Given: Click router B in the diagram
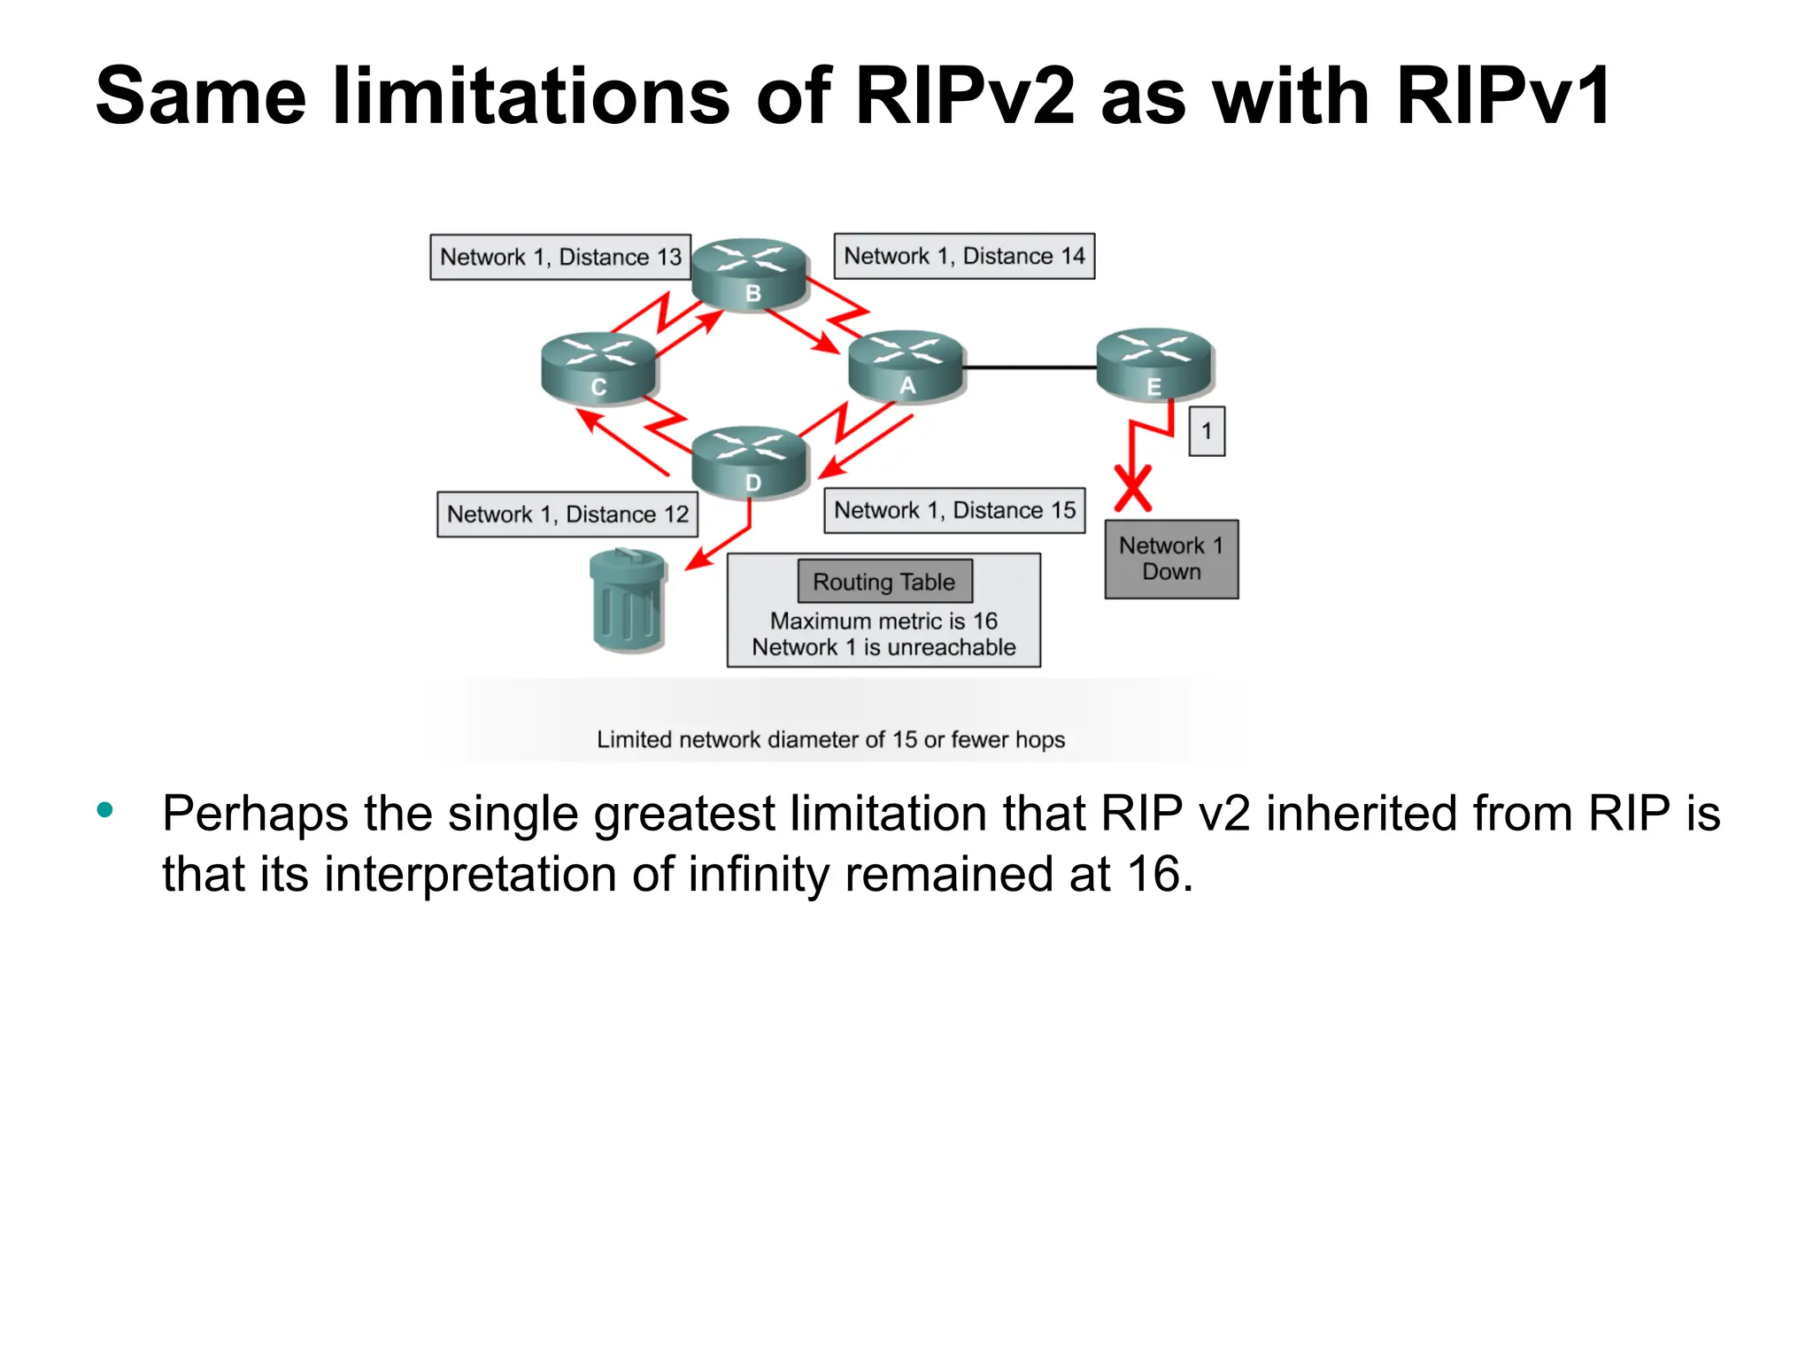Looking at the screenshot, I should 750,274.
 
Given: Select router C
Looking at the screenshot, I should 598,368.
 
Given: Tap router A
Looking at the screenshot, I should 906,367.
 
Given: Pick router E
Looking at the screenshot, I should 1153,364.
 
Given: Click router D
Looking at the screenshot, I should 750,462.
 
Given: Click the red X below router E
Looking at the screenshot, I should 1132,489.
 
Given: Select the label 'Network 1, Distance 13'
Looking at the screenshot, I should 560,257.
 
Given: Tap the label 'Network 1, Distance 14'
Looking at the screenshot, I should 964,256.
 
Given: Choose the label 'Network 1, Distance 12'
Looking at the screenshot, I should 567,514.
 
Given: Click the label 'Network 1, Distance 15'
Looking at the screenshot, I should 954,511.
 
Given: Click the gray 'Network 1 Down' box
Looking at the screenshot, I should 1171,559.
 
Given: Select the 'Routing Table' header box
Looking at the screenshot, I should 884,582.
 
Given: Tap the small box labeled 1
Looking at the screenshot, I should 1206,431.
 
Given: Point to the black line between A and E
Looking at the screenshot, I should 1029,367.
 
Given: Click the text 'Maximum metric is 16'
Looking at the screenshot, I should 883,621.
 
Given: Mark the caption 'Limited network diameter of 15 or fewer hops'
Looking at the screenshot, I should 830,739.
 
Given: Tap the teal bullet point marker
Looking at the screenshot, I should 105,809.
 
